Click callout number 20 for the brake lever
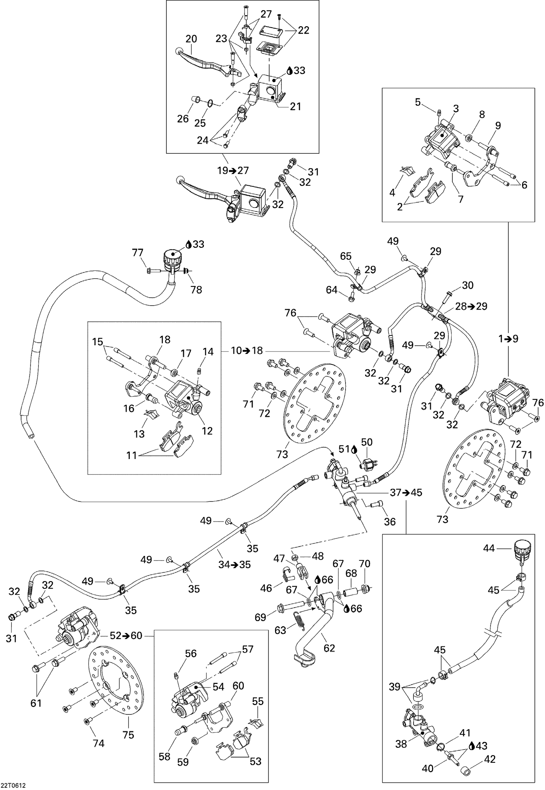(191, 39)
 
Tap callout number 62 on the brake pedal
(329, 648)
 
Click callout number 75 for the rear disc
(128, 735)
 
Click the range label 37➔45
(406, 493)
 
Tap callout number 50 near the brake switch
(367, 442)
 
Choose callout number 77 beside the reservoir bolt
(138, 253)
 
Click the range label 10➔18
(247, 351)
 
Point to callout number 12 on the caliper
(207, 431)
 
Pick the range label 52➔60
(126, 636)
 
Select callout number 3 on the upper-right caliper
(456, 109)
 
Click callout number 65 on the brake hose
(346, 256)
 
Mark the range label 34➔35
(234, 565)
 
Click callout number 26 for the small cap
(183, 118)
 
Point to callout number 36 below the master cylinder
(390, 522)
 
